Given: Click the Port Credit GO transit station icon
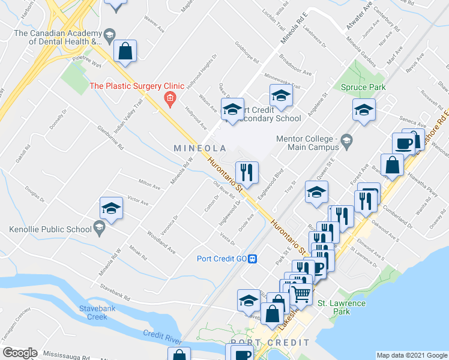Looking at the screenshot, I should tap(253, 259).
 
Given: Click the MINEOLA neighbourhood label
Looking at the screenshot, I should tap(200, 148).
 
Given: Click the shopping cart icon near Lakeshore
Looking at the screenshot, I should tap(300, 293).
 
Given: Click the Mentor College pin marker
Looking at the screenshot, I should tap(346, 142).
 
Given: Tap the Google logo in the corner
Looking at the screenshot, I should tap(20, 353).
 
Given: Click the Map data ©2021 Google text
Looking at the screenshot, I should tap(412, 355).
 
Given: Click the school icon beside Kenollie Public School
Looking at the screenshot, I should tap(110, 208).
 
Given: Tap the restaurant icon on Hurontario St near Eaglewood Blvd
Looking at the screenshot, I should tap(247, 173).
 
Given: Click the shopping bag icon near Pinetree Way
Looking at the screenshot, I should tap(125, 51).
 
